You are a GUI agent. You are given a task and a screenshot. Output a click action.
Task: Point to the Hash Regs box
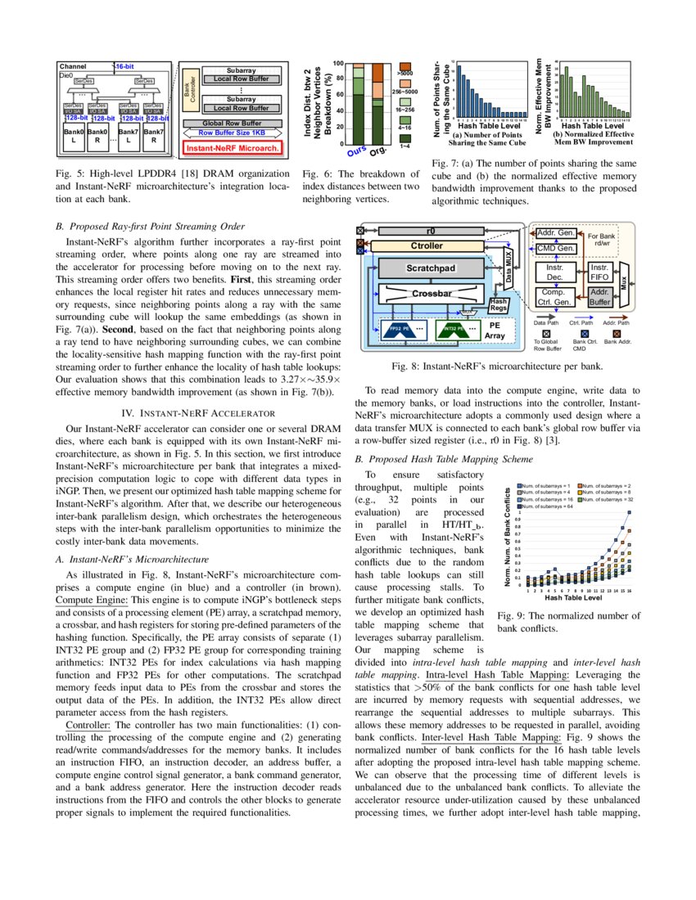coord(498,304)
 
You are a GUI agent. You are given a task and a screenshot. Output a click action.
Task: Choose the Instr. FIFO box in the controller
coord(599,272)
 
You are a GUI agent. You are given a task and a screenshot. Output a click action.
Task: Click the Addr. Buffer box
coord(599,296)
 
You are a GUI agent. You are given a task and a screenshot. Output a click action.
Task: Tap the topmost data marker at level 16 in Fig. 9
coord(630,513)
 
